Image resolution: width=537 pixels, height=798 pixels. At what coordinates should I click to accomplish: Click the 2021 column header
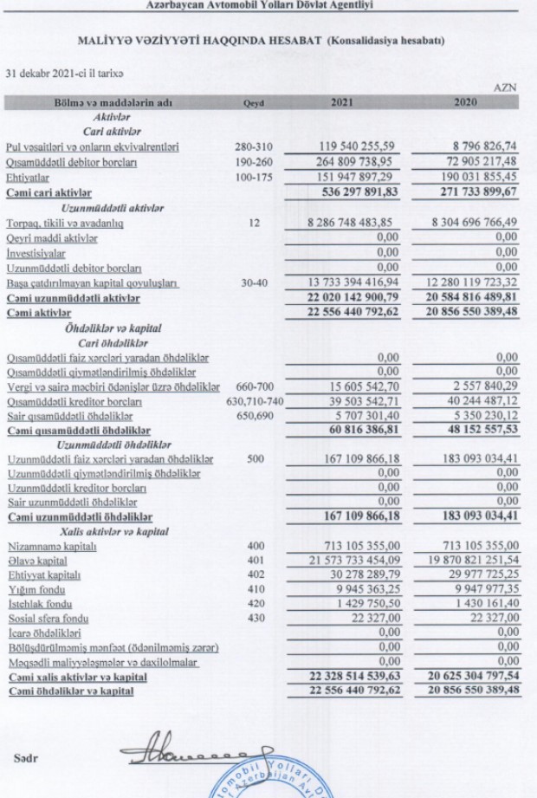342,103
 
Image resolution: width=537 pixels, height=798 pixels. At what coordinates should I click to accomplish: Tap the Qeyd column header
252,103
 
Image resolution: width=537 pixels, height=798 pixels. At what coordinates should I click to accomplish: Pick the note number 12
253,223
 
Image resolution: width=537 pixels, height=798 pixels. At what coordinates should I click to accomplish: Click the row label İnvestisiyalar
37,252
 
